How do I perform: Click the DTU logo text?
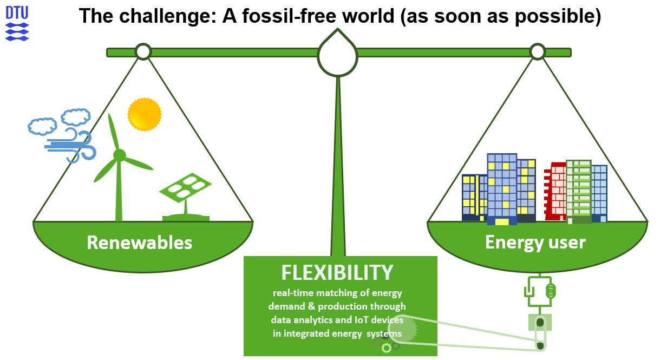[17, 12]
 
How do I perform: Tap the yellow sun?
[145, 114]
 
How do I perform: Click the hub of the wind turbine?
[120, 155]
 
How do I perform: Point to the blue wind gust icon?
[70, 146]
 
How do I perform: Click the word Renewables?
[139, 243]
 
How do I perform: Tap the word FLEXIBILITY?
[337, 272]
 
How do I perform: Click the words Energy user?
[535, 243]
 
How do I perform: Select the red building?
[555, 191]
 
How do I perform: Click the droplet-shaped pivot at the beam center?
[337, 54]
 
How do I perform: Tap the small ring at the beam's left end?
[143, 51]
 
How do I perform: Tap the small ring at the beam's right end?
[538, 51]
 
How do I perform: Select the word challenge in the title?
[168, 16]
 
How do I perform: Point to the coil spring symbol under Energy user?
[551, 291]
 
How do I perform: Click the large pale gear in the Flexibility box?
[402, 329]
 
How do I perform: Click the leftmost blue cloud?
[42, 126]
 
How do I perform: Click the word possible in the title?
[558, 16]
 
